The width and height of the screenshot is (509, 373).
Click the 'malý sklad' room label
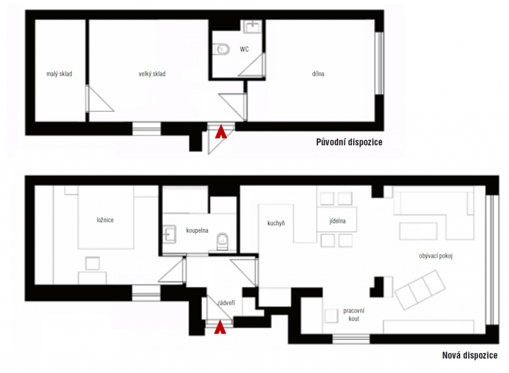tap(59, 74)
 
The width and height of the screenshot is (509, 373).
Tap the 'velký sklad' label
tap(152, 74)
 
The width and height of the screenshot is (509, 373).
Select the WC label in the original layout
tap(244, 49)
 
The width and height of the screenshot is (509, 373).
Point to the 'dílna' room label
tap(318, 74)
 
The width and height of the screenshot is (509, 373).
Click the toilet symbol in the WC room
tap(221, 50)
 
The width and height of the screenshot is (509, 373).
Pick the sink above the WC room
tap(252, 26)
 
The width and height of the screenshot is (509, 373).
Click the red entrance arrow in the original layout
tap(221, 132)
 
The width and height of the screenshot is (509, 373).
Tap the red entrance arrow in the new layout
tap(220, 327)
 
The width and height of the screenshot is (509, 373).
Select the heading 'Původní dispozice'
tap(349, 142)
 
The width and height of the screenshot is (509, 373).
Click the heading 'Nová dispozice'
tap(470, 355)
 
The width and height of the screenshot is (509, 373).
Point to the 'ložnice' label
tap(105, 220)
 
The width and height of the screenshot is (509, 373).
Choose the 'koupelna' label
tap(197, 230)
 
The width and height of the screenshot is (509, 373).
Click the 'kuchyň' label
tap(276, 223)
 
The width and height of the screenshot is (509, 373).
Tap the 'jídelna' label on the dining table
tap(337, 221)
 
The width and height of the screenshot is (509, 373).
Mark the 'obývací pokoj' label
tap(436, 256)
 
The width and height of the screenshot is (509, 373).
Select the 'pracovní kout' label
tap(354, 314)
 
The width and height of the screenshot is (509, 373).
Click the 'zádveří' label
tap(226, 303)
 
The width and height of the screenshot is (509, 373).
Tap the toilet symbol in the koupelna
tap(222, 241)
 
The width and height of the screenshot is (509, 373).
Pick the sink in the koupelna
tap(169, 234)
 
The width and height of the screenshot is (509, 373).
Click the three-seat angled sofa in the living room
tap(421, 290)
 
